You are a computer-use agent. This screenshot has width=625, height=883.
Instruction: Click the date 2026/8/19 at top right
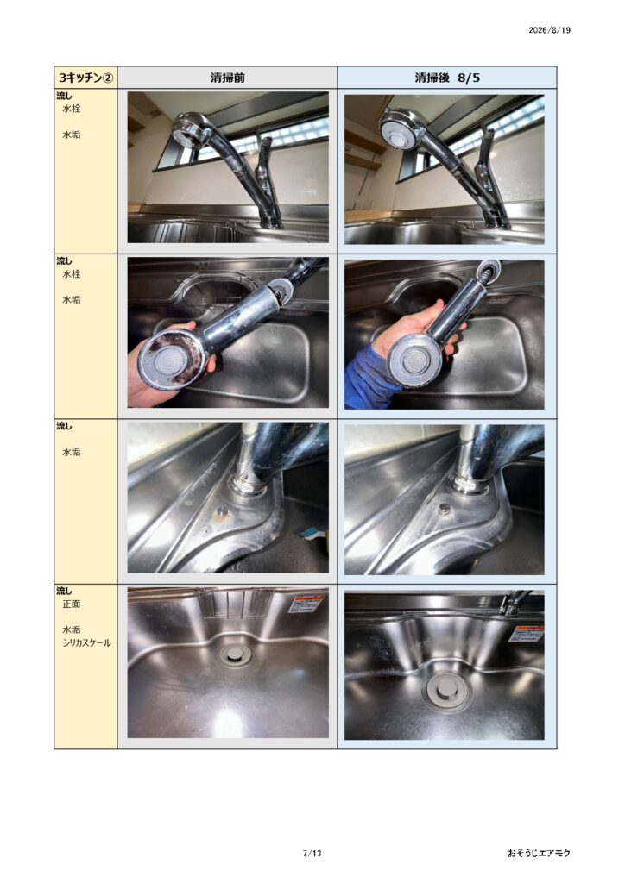[549, 30]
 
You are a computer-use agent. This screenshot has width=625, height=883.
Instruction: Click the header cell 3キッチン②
[85, 78]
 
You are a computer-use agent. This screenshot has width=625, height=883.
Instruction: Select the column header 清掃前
[228, 78]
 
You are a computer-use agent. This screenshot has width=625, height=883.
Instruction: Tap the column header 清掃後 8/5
[447, 78]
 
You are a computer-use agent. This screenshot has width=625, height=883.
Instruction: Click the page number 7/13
[312, 853]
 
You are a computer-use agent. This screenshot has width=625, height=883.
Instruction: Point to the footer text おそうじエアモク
[538, 853]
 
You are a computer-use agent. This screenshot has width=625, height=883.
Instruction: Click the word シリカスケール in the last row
[86, 642]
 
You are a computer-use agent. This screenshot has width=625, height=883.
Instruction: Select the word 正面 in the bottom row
[71, 604]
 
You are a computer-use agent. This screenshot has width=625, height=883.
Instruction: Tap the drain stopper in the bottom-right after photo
[445, 690]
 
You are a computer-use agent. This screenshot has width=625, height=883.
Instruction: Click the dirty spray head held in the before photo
[171, 360]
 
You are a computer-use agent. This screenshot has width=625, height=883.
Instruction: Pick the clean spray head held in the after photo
[414, 360]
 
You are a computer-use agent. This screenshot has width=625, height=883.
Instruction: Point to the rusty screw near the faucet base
[222, 511]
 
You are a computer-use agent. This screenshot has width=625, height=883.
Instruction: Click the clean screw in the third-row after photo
[445, 509]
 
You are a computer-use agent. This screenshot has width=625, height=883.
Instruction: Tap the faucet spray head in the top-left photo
[193, 131]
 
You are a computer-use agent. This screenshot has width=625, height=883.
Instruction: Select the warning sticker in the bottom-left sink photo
[306, 604]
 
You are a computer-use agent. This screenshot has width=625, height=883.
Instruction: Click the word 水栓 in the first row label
[71, 108]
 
